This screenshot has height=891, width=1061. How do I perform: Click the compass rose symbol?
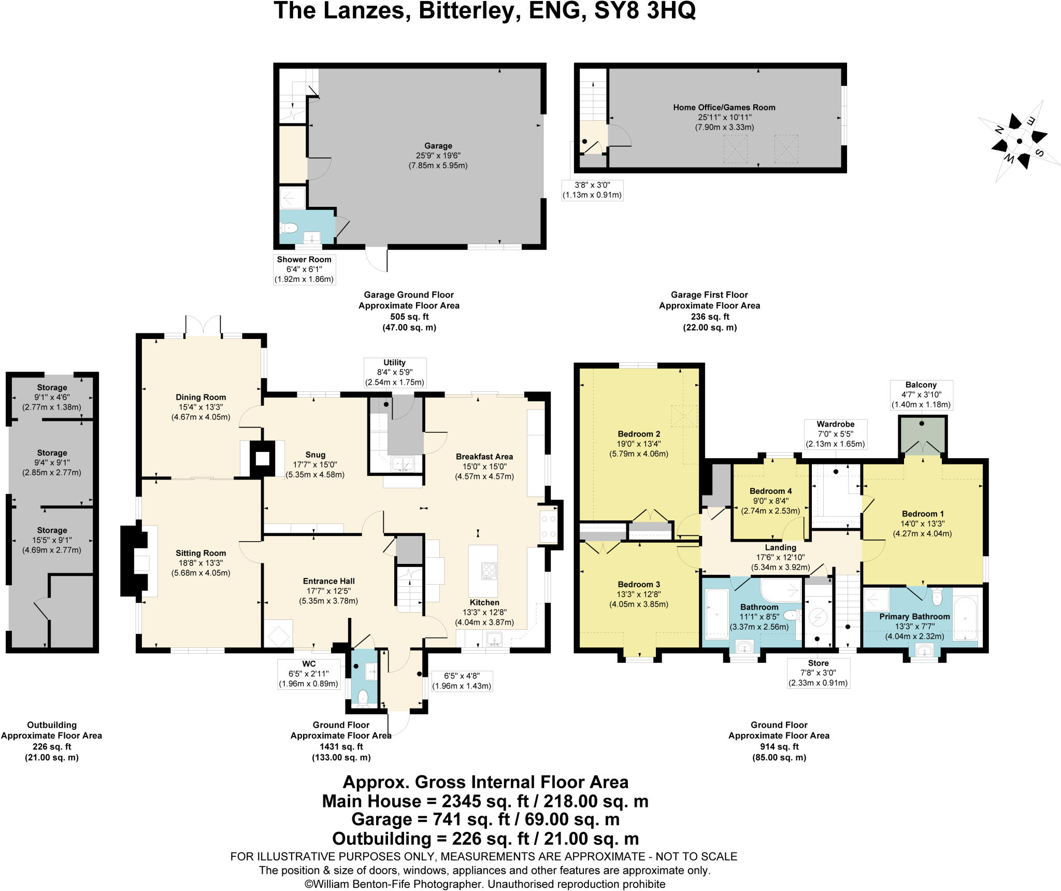click(1019, 141)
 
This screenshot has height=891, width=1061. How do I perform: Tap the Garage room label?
click(438, 146)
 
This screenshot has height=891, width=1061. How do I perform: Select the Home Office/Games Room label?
click(724, 108)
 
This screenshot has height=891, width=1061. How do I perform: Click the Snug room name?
click(315, 455)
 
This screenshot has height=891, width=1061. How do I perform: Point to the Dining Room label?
click(200, 398)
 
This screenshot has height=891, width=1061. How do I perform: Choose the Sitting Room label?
click(200, 554)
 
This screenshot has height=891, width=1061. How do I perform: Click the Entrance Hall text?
click(328, 581)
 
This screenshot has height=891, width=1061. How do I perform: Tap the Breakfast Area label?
click(484, 457)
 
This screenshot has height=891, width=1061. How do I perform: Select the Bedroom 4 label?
click(770, 491)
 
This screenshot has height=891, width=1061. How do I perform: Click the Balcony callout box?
click(921, 395)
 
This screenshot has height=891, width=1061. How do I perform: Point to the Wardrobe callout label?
click(835, 424)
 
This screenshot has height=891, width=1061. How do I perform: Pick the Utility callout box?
click(395, 372)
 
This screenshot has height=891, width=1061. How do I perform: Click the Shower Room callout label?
click(304, 260)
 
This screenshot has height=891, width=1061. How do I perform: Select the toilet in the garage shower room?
click(289, 228)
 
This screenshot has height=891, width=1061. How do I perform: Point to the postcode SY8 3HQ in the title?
click(644, 11)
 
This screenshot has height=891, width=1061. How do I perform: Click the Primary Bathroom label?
click(914, 617)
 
